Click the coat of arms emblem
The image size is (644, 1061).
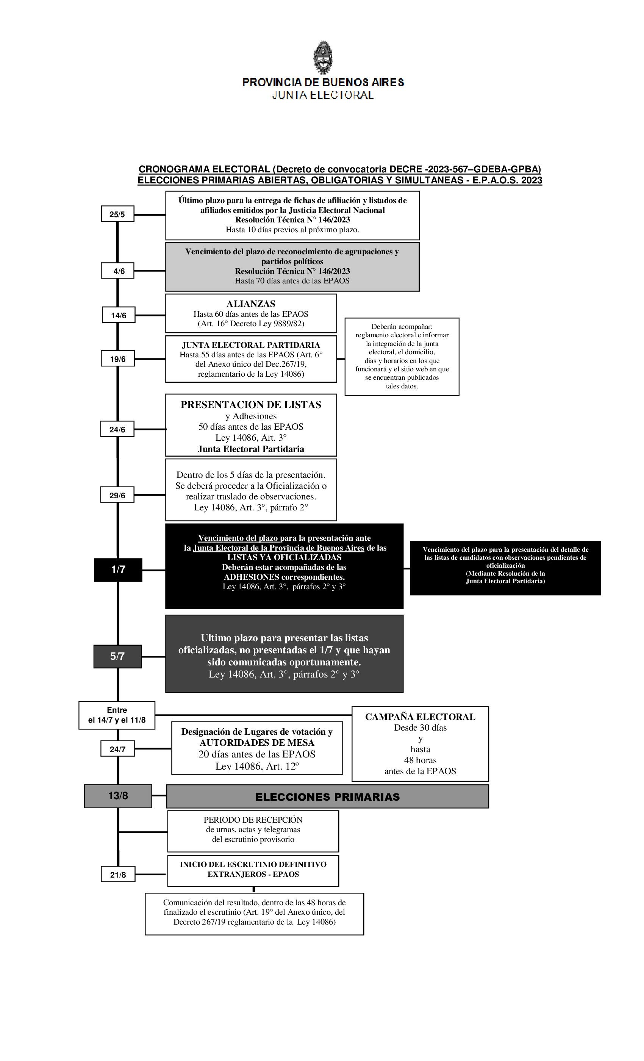pos(322,57)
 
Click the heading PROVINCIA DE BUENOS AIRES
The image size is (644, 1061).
pos(323,82)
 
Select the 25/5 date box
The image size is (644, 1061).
pos(117,214)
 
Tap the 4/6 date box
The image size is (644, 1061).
pos(117,271)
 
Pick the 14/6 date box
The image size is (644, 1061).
pos(118,315)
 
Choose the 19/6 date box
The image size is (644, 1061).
pos(117,359)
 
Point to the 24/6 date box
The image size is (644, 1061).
pos(117,429)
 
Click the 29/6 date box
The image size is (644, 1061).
pos(117,495)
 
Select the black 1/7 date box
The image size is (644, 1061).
pos(118,570)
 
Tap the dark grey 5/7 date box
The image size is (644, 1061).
pos(117,656)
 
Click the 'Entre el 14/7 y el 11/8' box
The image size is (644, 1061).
pos(117,715)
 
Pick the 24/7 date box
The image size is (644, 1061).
pos(117,749)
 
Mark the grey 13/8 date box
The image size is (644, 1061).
pos(118,796)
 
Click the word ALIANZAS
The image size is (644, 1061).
pos(251,304)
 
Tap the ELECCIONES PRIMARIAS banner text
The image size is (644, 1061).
pos(328,797)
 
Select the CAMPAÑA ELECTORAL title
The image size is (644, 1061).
pos(420,717)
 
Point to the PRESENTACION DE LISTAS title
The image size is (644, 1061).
pos(251,405)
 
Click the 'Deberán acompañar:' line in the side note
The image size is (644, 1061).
pos(402,327)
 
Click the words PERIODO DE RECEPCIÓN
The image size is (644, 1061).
pos(253,820)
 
